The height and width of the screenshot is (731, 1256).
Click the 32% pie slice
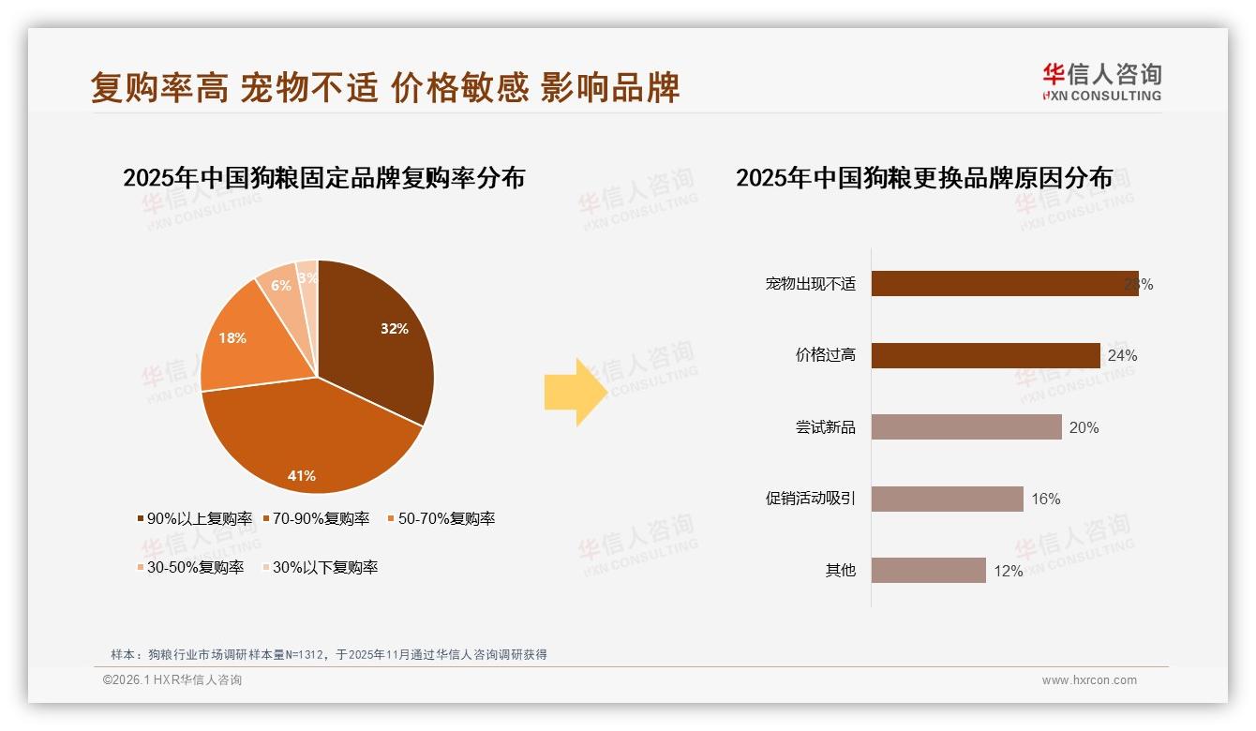click(375, 337)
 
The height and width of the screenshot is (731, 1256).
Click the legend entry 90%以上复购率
click(194, 518)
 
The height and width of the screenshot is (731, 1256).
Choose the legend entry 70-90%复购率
click(320, 518)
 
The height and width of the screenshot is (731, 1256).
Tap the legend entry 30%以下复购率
click(320, 567)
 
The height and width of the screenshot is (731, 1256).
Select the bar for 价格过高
click(985, 355)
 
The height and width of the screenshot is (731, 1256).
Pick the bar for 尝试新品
click(966, 427)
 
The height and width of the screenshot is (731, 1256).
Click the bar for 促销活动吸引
click(947, 499)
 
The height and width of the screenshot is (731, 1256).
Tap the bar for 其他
click(928, 570)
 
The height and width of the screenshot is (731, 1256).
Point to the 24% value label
click(1122, 355)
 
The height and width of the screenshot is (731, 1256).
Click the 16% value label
click(1045, 499)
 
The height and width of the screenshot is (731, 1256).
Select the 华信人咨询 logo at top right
click(1101, 82)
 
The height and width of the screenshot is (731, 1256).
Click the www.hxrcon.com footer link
click(1089, 680)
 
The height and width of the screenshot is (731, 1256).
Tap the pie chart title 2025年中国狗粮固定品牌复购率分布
click(323, 178)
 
